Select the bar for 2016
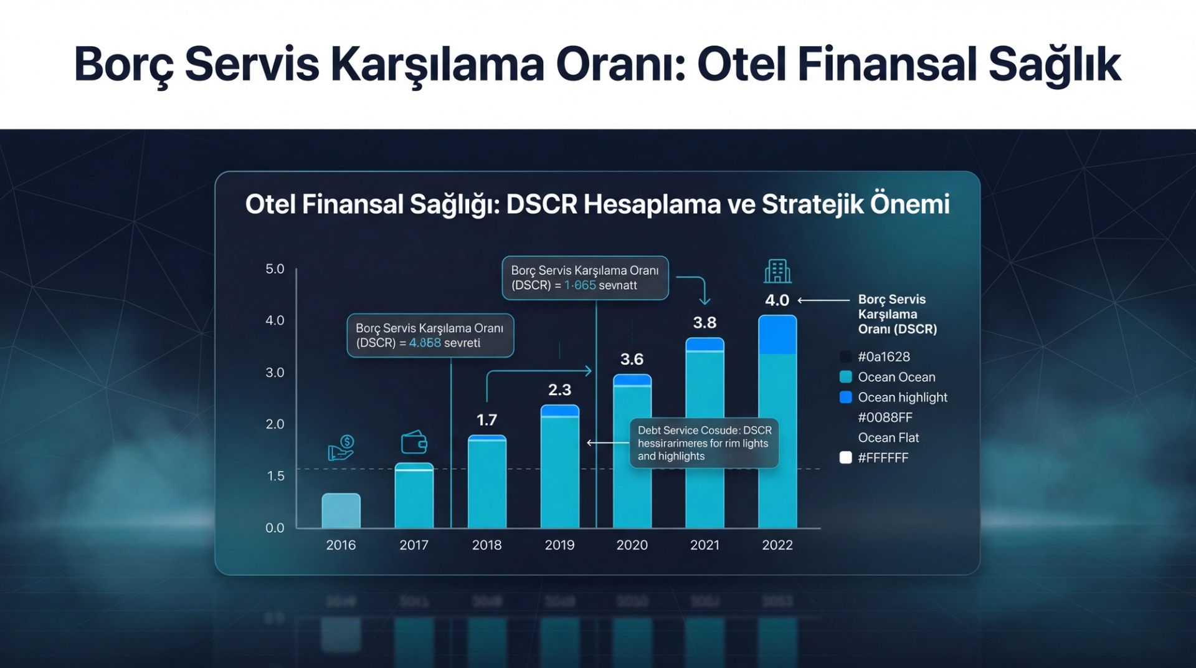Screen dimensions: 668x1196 [341, 510]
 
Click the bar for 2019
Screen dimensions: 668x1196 [559, 467]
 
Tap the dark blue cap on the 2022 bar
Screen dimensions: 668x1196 [777, 335]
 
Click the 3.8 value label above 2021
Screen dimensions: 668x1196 [705, 323]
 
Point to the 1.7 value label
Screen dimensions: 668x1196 [486, 420]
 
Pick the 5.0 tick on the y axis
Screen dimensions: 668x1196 [275, 269]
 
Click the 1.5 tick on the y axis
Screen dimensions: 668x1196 [275, 476]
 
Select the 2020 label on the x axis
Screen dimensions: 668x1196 [632, 545]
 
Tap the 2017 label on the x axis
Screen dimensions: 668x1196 [414, 545]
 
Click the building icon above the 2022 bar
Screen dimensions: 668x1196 [777, 272]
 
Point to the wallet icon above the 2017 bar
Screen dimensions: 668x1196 [414, 442]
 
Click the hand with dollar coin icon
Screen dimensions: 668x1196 [341, 447]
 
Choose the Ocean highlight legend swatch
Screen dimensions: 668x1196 [845, 398]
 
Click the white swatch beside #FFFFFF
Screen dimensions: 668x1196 [845, 458]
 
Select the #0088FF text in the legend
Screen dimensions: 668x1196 [885, 417]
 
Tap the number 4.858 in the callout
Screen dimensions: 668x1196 [425, 343]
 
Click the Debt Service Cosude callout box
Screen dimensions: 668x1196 [704, 443]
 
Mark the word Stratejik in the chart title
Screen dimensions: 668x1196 [812, 204]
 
